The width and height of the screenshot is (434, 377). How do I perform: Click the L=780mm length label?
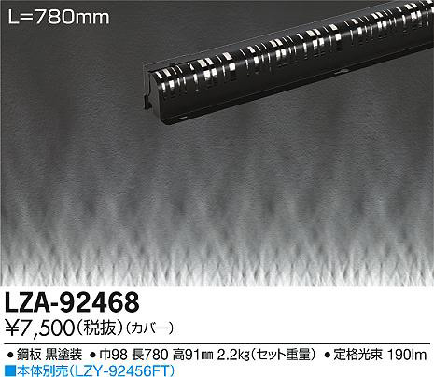(59, 18)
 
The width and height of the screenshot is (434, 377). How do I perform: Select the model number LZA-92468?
(72, 302)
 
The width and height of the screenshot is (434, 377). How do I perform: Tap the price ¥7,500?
(40, 328)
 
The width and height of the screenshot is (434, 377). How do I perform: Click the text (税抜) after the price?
(100, 328)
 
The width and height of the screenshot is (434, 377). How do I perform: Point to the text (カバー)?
(149, 328)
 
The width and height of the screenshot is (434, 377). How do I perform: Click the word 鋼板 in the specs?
(29, 355)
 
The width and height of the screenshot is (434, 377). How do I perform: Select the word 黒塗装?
(63, 355)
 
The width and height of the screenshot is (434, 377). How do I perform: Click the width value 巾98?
(113, 355)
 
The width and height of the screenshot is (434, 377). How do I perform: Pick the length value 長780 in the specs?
(150, 355)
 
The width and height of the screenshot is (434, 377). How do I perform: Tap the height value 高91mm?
(193, 355)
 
